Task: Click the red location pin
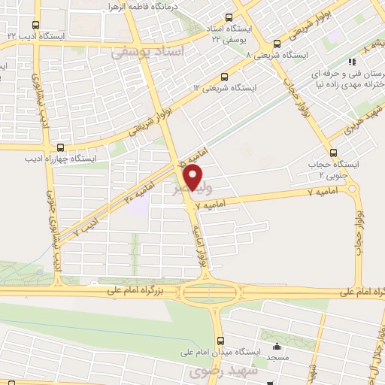[194, 177]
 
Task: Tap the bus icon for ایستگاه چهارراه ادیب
[60, 147]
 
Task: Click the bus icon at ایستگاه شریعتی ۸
[277, 44]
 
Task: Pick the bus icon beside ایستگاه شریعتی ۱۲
[225, 77]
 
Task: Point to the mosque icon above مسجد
[277, 347]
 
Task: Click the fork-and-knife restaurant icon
[350, 64]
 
